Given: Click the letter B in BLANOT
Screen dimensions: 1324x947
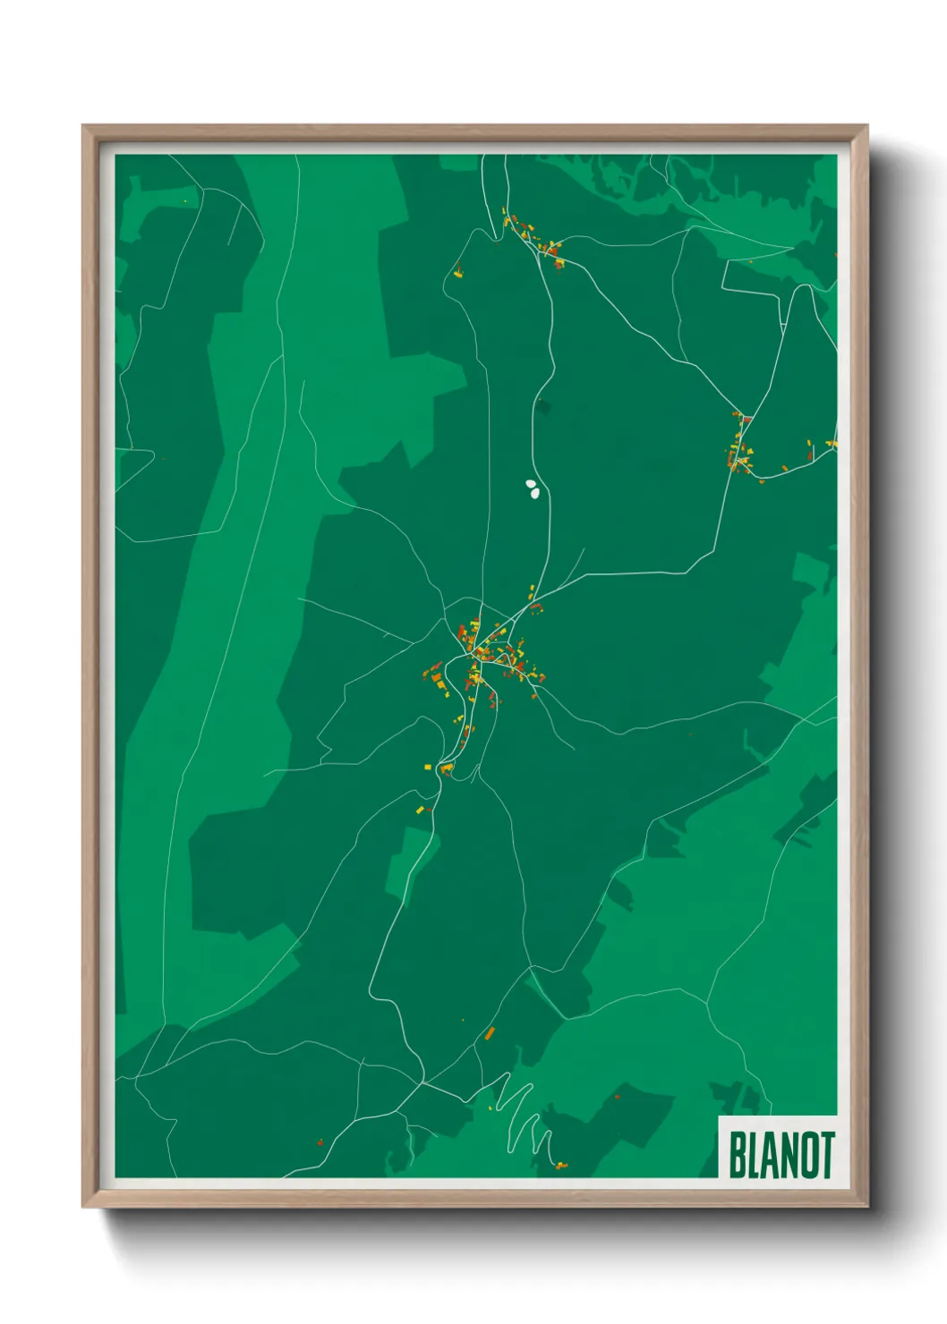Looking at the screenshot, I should pos(738,1156).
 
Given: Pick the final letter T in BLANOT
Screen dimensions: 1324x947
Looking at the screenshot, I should pos(828,1156).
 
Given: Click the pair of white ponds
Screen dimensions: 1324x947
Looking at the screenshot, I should pos(532,488).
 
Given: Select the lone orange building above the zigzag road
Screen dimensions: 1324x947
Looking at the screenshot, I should pos(490,1034).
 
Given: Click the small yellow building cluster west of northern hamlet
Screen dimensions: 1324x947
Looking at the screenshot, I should pos(458,272).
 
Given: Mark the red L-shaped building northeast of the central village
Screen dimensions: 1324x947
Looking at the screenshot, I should pos(536,607).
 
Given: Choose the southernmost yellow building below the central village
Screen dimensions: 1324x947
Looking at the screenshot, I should pos(420,810).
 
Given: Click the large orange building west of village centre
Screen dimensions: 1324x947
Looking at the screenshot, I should pos(439,685).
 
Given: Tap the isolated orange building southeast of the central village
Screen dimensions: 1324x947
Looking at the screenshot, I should pos(690,734).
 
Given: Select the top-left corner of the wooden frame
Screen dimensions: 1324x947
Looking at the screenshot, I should pos(83,127).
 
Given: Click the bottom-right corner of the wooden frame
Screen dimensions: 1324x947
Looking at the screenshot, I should pos(866,1206).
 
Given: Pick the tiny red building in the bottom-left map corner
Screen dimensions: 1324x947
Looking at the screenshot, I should pos(320,1142).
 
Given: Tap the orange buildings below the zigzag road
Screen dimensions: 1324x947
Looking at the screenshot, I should pos(559,1165).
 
